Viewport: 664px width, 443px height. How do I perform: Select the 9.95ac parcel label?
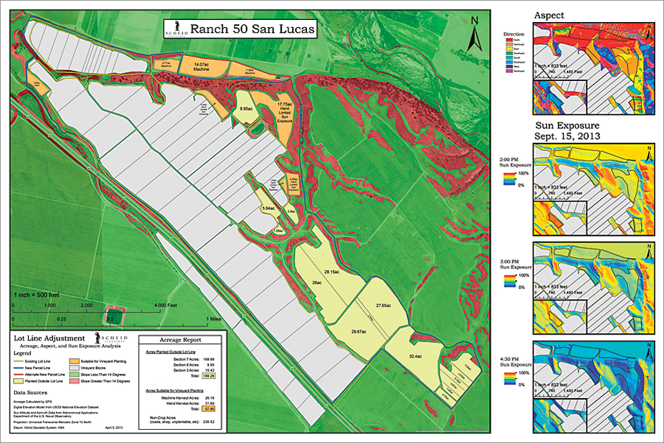[246, 108]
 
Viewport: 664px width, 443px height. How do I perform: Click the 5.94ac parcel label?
[268, 209]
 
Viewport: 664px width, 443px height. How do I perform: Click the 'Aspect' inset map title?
[550, 15]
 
